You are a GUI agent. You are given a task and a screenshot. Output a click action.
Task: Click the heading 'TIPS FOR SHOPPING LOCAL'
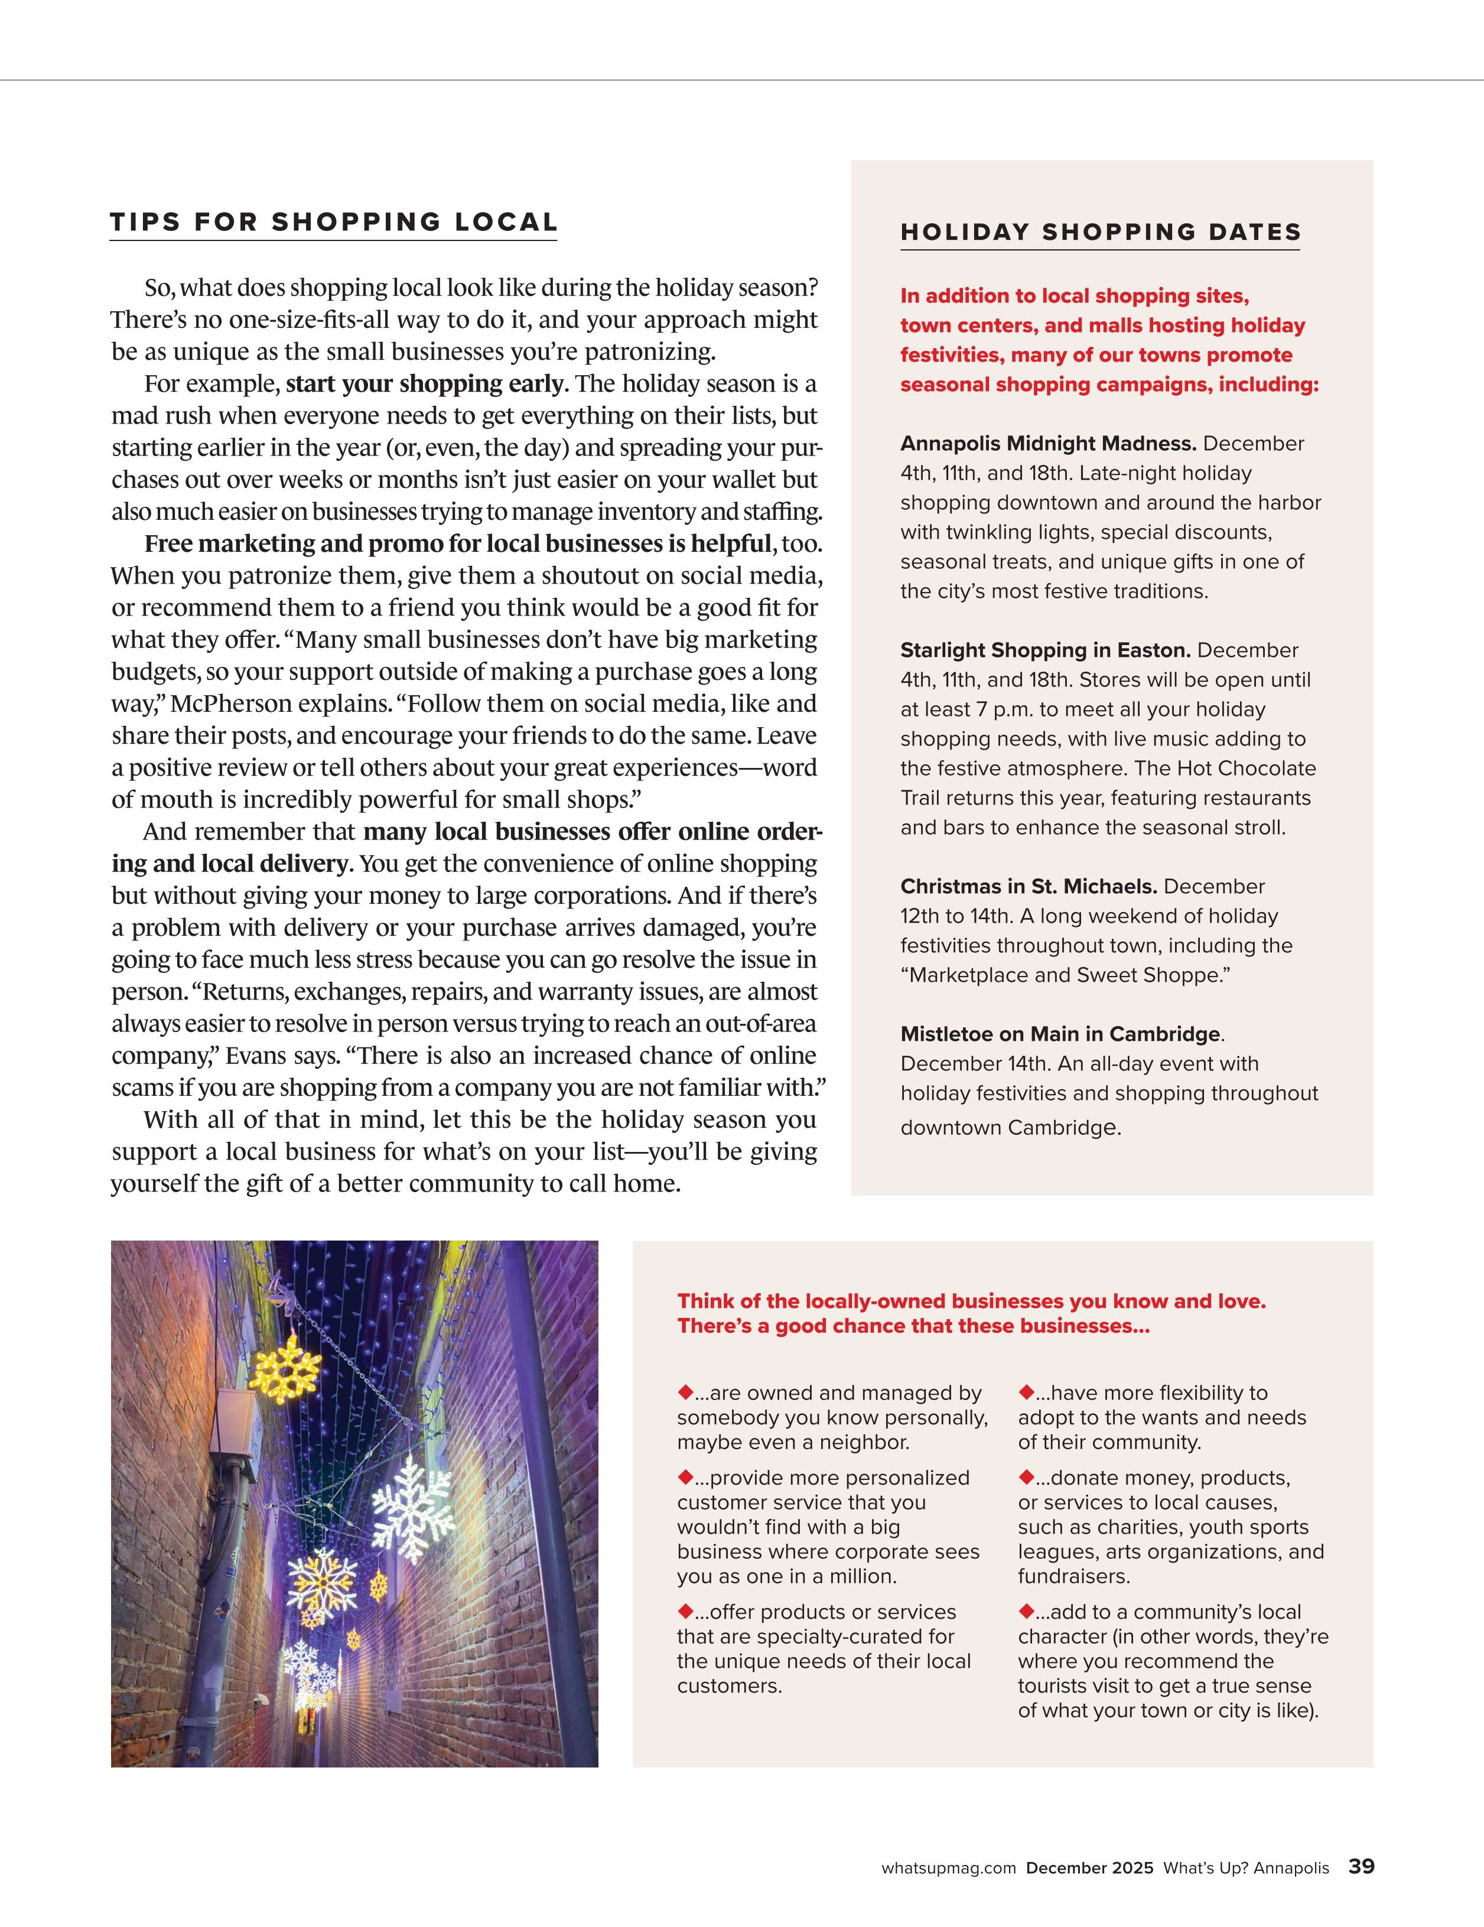pos(334,222)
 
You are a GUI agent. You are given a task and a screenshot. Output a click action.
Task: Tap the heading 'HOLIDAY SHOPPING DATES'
pos(1100,233)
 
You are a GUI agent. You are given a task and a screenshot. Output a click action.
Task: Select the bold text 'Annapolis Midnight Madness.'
pos(1048,444)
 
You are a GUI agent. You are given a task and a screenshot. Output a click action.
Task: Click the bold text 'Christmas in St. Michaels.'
pos(1029,887)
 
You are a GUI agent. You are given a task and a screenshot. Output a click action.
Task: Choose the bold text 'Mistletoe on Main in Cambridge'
pos(1060,1034)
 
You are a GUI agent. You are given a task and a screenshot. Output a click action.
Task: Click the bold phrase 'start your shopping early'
pos(424,384)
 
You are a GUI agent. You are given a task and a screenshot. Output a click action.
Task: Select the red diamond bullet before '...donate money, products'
pos(1026,1476)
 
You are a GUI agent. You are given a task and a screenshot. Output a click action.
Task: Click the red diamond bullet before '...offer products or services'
pos(685,1610)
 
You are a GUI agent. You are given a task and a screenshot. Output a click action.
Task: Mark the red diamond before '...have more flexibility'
pos(1026,1391)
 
